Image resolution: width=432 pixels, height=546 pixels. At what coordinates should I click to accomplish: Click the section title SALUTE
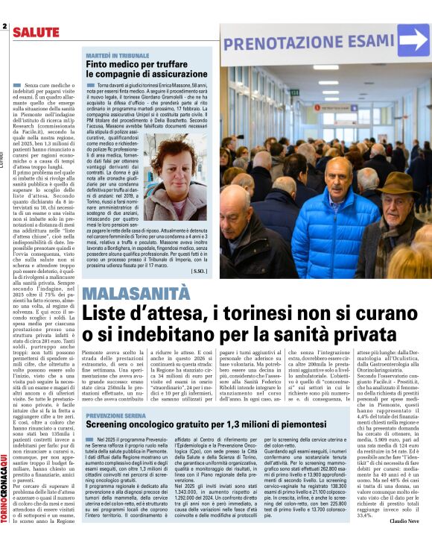pos(36,32)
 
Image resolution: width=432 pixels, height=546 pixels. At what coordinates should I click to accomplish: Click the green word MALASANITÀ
pos(136,292)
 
